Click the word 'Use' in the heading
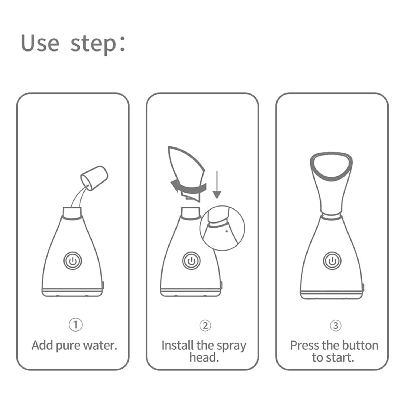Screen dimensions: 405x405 40,43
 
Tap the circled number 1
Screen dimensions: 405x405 76,325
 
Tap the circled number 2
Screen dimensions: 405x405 205,325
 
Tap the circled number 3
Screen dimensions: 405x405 335,325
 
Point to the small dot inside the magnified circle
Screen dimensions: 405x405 226,231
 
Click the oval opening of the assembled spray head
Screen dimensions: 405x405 331,166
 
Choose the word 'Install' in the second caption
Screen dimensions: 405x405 177,346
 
